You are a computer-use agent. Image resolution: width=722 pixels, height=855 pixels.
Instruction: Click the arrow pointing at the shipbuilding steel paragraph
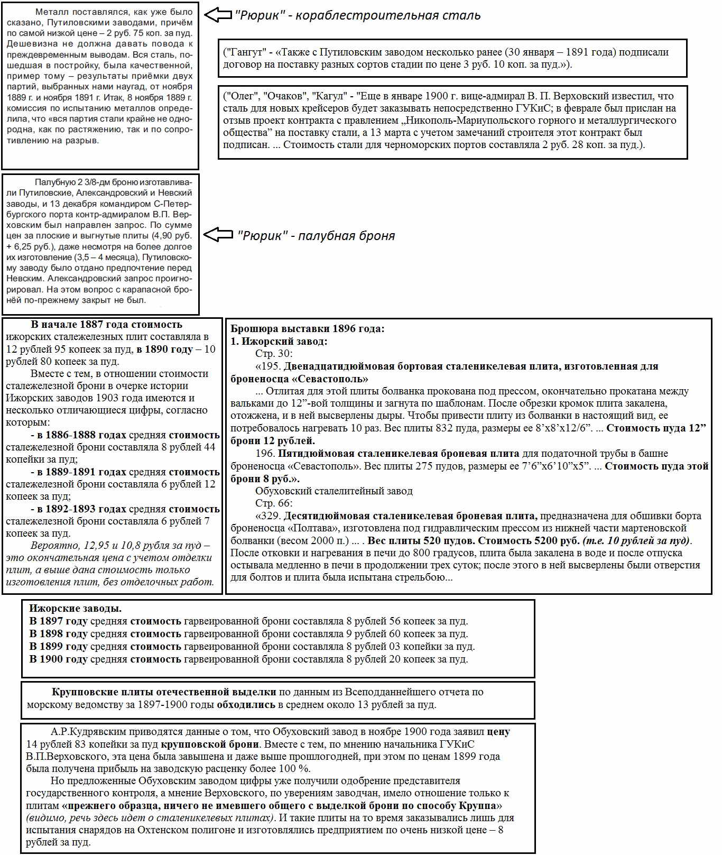click(218, 15)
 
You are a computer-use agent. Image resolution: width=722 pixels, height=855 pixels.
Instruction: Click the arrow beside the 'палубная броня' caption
click(218, 235)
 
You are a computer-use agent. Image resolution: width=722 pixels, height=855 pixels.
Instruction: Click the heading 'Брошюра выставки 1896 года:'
click(308, 329)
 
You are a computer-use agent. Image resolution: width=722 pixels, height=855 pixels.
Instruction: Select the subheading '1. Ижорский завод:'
click(279, 342)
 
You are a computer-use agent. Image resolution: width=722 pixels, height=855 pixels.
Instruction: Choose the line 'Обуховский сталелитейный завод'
click(334, 491)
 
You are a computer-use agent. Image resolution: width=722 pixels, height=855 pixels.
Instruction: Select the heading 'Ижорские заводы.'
click(75, 609)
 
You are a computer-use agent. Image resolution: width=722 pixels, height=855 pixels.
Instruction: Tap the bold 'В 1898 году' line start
click(58, 634)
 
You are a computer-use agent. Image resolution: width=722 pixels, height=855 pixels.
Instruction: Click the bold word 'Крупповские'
click(85, 692)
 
